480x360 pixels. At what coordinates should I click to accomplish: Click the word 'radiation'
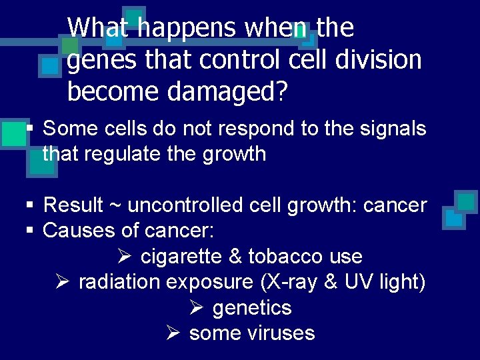[x=119, y=282]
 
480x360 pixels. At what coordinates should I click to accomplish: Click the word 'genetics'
[x=252, y=308]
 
